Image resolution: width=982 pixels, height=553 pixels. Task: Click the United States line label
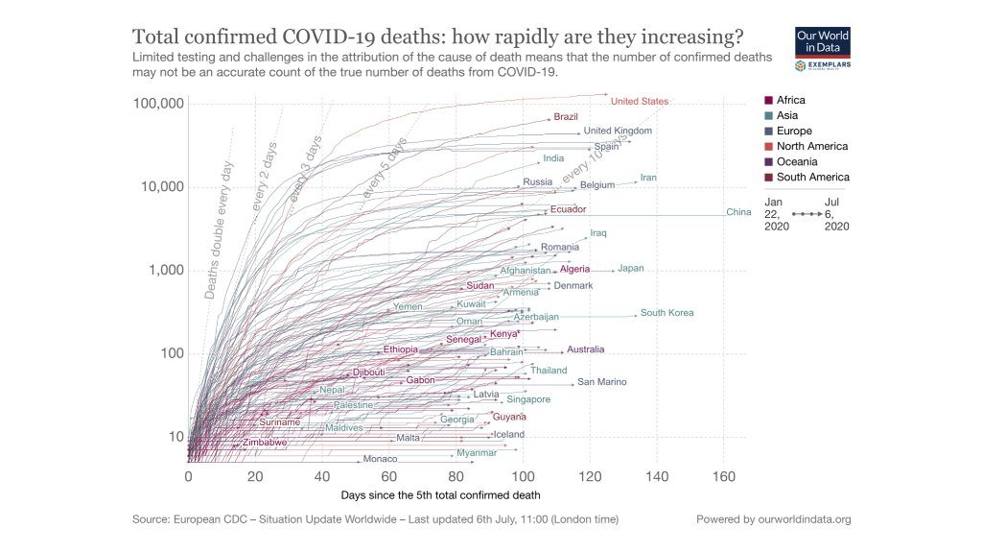[x=640, y=101]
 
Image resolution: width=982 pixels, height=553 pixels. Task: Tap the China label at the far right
[x=738, y=212]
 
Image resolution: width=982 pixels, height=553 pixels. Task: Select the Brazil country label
[x=566, y=117]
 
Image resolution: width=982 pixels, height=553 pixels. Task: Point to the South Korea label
[x=666, y=313]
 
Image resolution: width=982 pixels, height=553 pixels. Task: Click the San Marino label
[x=601, y=382]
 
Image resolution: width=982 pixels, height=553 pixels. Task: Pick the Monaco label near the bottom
[x=381, y=460]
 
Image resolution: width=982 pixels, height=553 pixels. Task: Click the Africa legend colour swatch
[x=768, y=100]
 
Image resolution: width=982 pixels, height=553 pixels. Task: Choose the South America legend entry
[x=812, y=177]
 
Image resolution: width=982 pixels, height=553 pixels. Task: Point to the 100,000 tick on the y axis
[x=158, y=104]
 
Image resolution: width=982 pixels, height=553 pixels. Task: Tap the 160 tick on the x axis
[x=723, y=476]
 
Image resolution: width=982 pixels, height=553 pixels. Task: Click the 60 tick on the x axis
[x=388, y=476]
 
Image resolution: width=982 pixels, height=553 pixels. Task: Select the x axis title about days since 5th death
[x=440, y=495]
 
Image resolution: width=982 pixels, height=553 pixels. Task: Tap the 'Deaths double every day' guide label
[x=219, y=230]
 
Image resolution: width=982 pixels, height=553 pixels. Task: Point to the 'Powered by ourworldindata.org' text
[x=774, y=519]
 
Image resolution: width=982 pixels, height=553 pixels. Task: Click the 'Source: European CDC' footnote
[x=374, y=519]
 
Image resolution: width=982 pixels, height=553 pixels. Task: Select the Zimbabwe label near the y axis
[x=264, y=443]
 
